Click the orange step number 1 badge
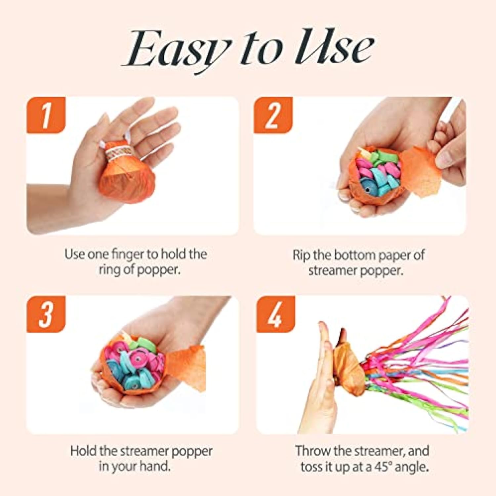[x=46, y=115]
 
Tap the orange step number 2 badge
[x=273, y=115]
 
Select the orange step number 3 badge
[x=46, y=314]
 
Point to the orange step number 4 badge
[x=275, y=314]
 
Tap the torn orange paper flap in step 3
[x=187, y=367]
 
